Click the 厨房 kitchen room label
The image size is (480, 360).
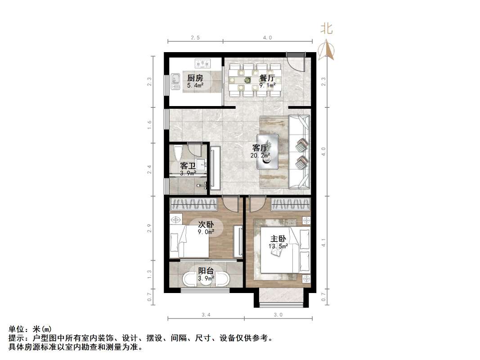tap(195, 78)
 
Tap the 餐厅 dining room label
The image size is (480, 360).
tap(267, 78)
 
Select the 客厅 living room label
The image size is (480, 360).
tap(260, 148)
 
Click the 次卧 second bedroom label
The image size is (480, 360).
tap(206, 225)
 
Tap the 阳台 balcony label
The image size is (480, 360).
tap(206, 271)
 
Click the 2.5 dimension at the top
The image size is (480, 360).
tap(195, 38)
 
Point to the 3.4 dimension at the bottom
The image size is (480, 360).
tap(206, 315)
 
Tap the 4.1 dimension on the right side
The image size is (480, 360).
tap(323, 243)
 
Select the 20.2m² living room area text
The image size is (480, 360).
tap(260, 156)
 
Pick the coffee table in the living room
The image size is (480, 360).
tap(268, 151)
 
